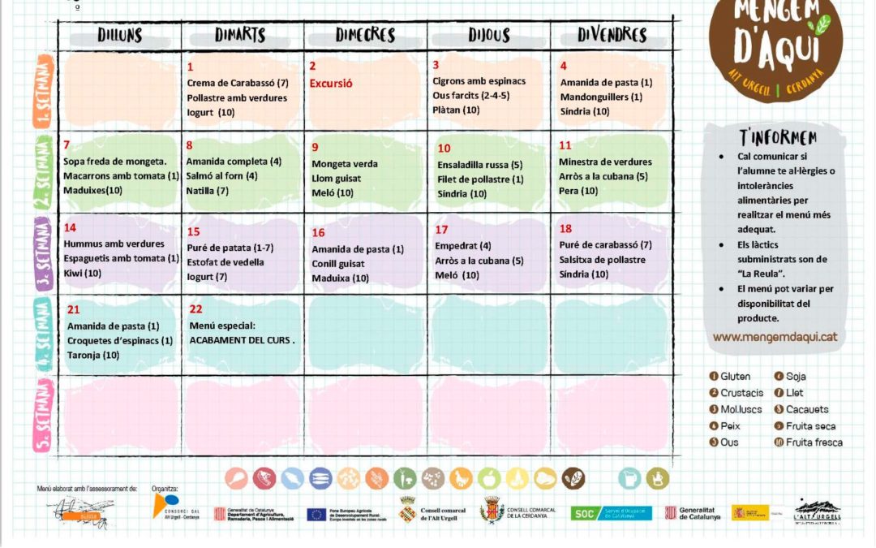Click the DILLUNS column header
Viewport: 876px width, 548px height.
(x=119, y=35)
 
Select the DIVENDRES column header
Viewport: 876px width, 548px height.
(x=612, y=35)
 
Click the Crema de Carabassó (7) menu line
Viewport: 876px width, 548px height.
(x=238, y=83)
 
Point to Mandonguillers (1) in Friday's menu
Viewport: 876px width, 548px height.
(x=601, y=97)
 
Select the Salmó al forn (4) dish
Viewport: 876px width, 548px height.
(x=222, y=176)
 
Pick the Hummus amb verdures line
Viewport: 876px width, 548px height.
(x=114, y=244)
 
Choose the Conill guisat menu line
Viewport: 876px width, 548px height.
(x=338, y=264)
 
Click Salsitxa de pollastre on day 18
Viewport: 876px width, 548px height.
(x=602, y=260)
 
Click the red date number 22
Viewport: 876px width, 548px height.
(x=195, y=309)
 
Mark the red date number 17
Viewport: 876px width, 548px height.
(x=441, y=230)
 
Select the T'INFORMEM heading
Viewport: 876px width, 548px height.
(x=778, y=137)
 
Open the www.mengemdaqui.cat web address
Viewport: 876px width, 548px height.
(x=775, y=337)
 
